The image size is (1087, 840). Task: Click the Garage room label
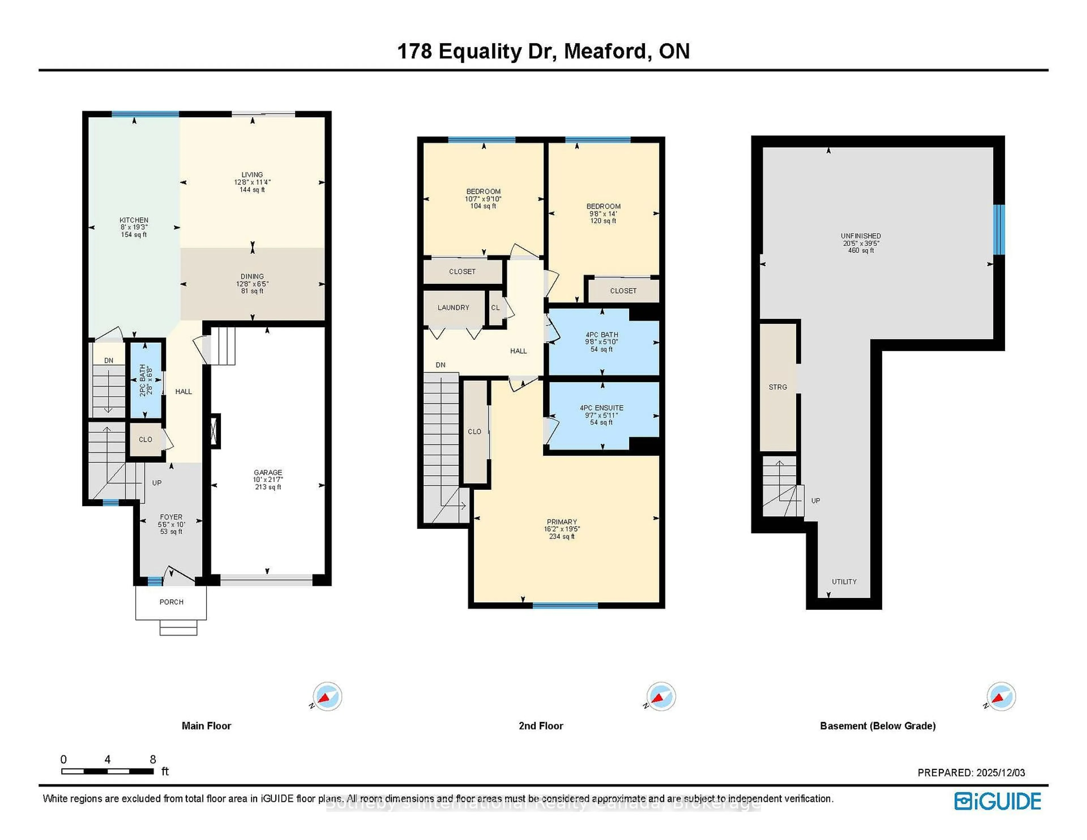pyautogui.click(x=268, y=472)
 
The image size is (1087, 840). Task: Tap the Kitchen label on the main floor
pyautogui.click(x=134, y=220)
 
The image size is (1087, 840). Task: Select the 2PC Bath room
pyautogui.click(x=145, y=380)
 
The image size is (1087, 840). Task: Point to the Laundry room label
pyautogui.click(x=453, y=308)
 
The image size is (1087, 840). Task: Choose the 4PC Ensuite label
pyautogui.click(x=601, y=408)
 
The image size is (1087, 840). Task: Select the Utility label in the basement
pyautogui.click(x=844, y=582)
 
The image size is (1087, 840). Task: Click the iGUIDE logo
pyautogui.click(x=998, y=801)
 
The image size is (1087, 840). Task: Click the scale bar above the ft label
pyautogui.click(x=108, y=771)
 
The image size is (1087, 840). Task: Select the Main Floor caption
pyautogui.click(x=206, y=726)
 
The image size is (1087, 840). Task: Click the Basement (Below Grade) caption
pyautogui.click(x=878, y=726)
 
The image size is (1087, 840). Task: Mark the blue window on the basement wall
pyautogui.click(x=999, y=230)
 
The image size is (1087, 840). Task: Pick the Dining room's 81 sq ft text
pyautogui.click(x=252, y=291)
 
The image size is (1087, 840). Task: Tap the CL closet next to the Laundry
pyautogui.click(x=495, y=308)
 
